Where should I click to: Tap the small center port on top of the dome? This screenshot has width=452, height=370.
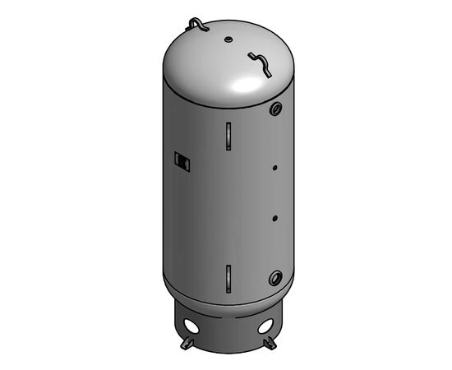tap(227, 38)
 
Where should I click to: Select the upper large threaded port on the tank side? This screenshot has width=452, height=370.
tap(275, 109)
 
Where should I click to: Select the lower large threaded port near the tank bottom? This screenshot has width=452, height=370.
tap(275, 276)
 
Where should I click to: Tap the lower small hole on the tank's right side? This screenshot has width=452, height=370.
tap(274, 219)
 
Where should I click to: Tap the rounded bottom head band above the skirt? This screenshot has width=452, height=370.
tap(227, 296)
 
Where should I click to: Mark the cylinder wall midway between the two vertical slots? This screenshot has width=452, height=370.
tap(227, 206)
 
